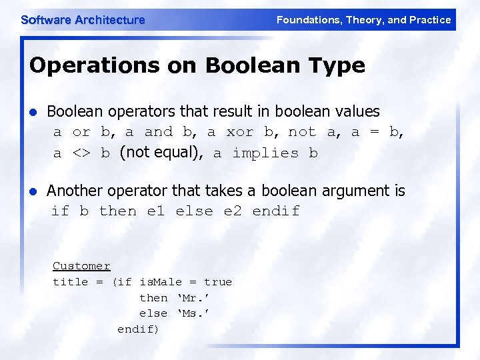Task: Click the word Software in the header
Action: point(45,20)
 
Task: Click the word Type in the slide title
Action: point(337,66)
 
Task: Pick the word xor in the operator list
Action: point(240,132)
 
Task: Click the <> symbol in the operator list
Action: point(81,153)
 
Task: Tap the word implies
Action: point(265,153)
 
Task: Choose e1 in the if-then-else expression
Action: point(155,211)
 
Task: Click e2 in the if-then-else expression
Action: point(233,211)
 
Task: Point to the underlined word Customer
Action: point(81,266)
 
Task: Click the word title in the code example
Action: point(70,282)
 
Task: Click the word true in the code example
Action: point(218,282)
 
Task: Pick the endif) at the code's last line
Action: point(138,329)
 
